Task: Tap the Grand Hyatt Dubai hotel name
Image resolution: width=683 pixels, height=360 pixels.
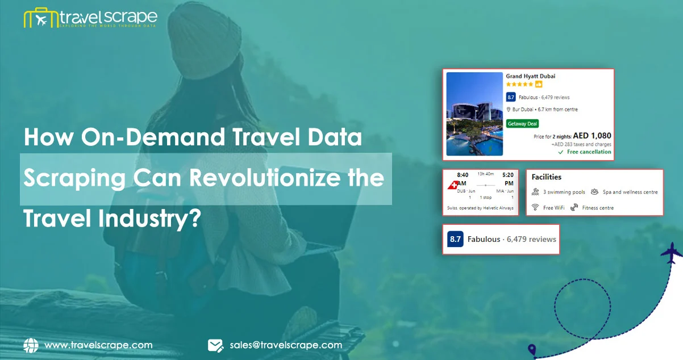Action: (530, 76)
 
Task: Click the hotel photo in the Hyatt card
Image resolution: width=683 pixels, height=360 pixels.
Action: (474, 114)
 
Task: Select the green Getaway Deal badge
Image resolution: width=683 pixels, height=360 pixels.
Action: (522, 123)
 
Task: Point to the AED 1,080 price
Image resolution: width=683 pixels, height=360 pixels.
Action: (592, 136)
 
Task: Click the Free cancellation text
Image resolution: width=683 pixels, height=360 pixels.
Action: (588, 152)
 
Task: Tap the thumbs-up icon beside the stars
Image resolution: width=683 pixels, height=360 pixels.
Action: (539, 85)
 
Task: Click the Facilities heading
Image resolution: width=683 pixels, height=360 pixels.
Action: (546, 177)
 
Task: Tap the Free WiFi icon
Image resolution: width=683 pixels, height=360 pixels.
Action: (535, 208)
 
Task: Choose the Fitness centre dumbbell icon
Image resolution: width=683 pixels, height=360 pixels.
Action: (574, 208)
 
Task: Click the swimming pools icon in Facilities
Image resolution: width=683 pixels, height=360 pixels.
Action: (535, 192)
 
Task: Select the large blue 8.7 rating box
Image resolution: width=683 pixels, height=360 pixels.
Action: (455, 239)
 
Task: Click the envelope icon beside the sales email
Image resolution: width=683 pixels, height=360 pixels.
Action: (215, 345)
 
